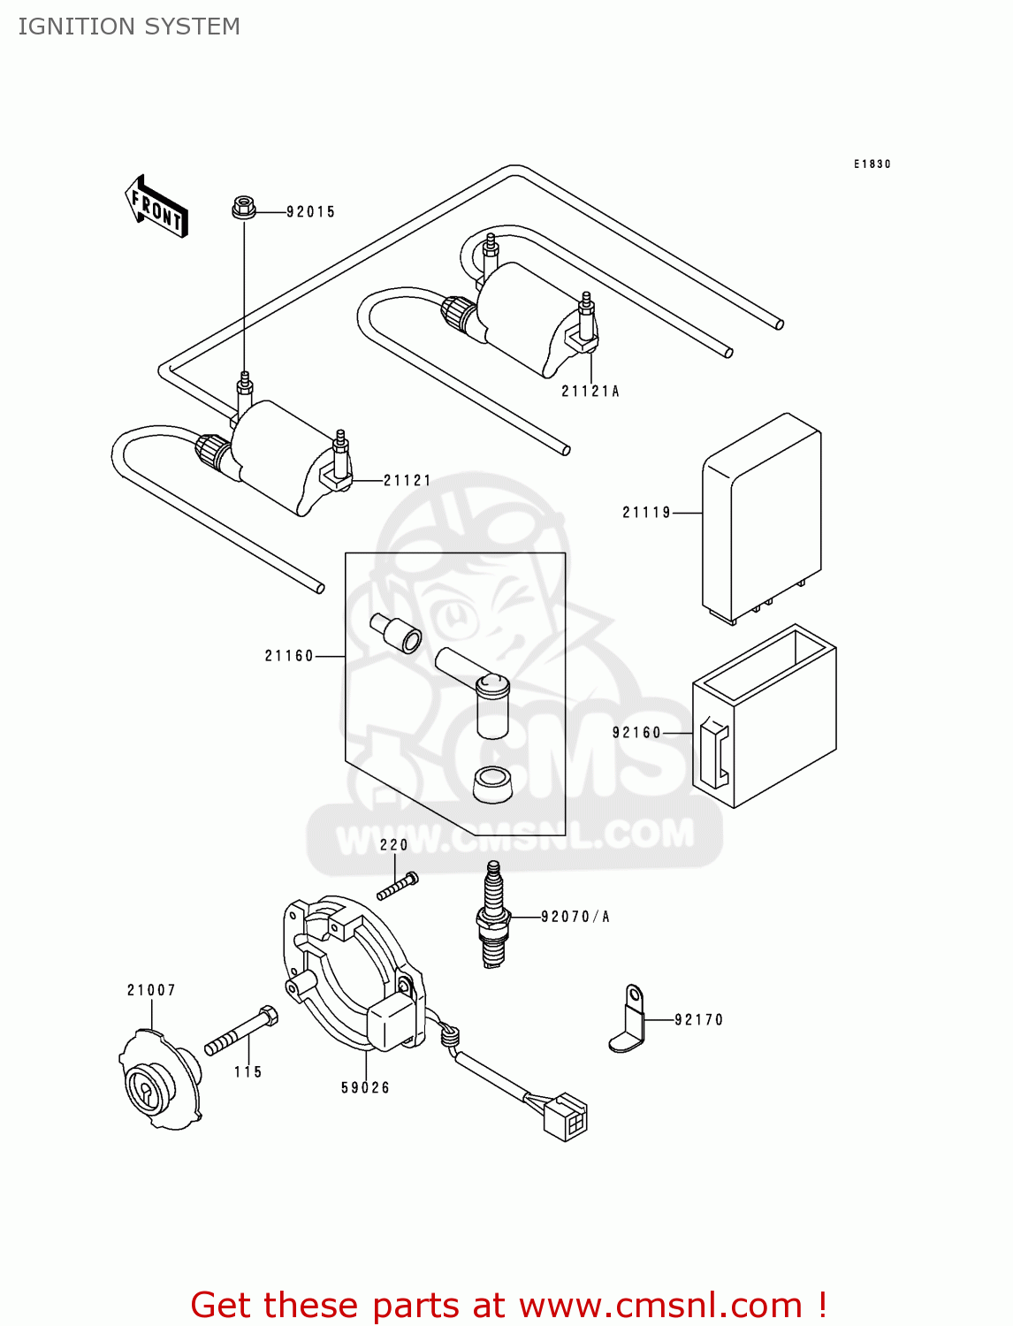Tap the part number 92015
pyautogui.click(x=310, y=212)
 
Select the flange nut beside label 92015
pyautogui.click(x=244, y=209)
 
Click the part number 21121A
pyautogui.click(x=590, y=391)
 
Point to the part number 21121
pyautogui.click(x=407, y=481)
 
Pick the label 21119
pyautogui.click(x=647, y=513)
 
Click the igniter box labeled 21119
pyautogui.click(x=762, y=517)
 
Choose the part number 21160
pyautogui.click(x=289, y=656)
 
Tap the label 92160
pyautogui.click(x=637, y=733)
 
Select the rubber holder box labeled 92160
pyautogui.click(x=765, y=716)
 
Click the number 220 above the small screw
pyautogui.click(x=394, y=845)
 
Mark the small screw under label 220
pyautogui.click(x=397, y=886)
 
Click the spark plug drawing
pyautogui.click(x=493, y=916)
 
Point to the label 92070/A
pyautogui.click(x=575, y=917)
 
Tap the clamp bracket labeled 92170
pyautogui.click(x=628, y=1020)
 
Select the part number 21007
pyautogui.click(x=151, y=990)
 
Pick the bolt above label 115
pyautogui.click(x=241, y=1033)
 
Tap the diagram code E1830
pyautogui.click(x=872, y=164)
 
